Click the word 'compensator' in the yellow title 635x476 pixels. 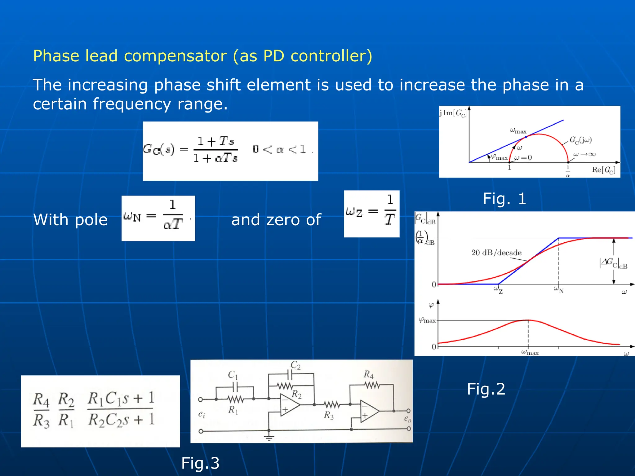pyautogui.click(x=175, y=56)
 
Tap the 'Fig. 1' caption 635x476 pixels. pyautogui.click(x=504, y=199)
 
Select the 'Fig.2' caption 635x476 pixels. pyautogui.click(x=486, y=389)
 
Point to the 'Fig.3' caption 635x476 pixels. pyautogui.click(x=200, y=463)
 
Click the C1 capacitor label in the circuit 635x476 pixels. pyautogui.click(x=233, y=375)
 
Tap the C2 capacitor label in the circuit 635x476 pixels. pyautogui.click(x=295, y=365)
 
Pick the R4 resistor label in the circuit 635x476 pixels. pyautogui.click(x=369, y=375)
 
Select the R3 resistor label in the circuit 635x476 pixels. pyautogui.click(x=329, y=416)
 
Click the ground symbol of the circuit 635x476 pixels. pyautogui.click(x=269, y=438)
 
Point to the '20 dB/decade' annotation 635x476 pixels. pyautogui.click(x=496, y=253)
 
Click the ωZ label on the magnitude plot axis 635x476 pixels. pyautogui.click(x=498, y=290)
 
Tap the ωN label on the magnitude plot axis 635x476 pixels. pyautogui.click(x=558, y=290)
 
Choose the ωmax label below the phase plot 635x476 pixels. pyautogui.click(x=530, y=352)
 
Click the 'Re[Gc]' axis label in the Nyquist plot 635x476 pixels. pyautogui.click(x=603, y=170)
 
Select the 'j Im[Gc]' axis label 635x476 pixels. pyautogui.click(x=453, y=113)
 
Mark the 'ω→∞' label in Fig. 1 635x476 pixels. pyautogui.click(x=584, y=154)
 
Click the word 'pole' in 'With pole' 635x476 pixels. pyautogui.click(x=91, y=220)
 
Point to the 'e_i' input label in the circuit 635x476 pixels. pyautogui.click(x=202, y=414)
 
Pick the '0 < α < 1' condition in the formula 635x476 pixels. pyautogui.click(x=279, y=149)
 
